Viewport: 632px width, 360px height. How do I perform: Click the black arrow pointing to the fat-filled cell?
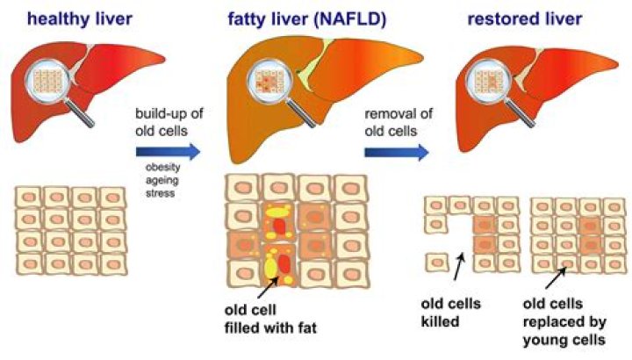click(272, 283)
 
